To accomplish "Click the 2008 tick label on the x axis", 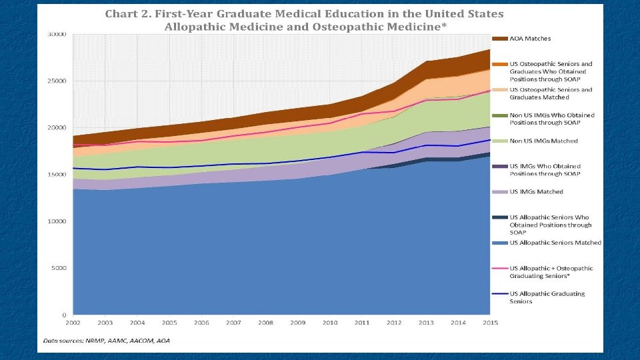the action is [x=265, y=323].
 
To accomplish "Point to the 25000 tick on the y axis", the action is [x=57, y=81].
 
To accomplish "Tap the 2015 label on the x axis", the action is [x=490, y=323].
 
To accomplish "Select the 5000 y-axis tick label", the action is [x=59, y=268].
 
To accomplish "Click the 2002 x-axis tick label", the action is [x=73, y=323].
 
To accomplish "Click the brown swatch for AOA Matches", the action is [x=500, y=39].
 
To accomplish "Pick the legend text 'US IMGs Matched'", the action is [x=536, y=192].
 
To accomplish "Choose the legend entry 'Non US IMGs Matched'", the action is [x=544, y=141].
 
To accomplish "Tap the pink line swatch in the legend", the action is [x=500, y=268].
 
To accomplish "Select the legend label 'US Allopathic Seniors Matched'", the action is [x=555, y=243].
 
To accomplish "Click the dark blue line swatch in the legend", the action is [x=500, y=293].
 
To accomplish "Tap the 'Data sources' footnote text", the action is [x=107, y=341].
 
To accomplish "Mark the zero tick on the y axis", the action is [x=65, y=315].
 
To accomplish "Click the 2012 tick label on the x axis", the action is [x=394, y=323].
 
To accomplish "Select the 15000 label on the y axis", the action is [x=57, y=174].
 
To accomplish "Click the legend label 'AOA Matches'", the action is [x=530, y=39].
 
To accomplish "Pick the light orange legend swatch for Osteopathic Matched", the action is [x=500, y=90].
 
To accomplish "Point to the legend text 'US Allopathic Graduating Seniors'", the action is [x=547, y=297].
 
